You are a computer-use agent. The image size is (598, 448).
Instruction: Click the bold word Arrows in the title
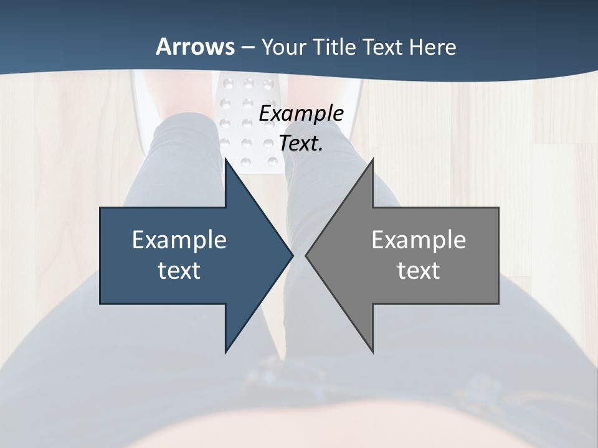(x=196, y=47)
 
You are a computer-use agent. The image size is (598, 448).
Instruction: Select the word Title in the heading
(x=335, y=47)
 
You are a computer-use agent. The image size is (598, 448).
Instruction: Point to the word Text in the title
(x=383, y=47)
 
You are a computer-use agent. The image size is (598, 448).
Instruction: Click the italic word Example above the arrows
(x=301, y=113)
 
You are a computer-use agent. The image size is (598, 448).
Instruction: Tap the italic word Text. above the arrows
(x=301, y=143)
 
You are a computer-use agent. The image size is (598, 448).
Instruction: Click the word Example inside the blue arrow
(x=179, y=240)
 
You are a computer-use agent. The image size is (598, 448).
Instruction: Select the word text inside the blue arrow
(x=179, y=271)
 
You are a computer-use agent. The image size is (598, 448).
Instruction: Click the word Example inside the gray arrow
(x=419, y=240)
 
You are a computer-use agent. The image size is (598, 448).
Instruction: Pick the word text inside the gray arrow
(x=419, y=271)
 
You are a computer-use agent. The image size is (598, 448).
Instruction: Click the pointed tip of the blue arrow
(x=293, y=255)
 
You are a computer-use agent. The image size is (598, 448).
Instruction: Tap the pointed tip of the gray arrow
(x=306, y=255)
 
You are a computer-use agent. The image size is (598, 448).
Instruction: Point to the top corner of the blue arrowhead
(x=225, y=159)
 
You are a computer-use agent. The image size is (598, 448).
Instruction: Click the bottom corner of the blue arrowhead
(x=225, y=352)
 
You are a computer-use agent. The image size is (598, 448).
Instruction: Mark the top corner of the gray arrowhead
(x=373, y=159)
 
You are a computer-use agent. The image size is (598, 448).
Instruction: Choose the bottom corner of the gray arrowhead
(x=373, y=352)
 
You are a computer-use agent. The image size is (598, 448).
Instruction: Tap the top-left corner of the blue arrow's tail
(x=100, y=208)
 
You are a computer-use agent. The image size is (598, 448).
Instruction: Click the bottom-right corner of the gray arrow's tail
(x=498, y=303)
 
